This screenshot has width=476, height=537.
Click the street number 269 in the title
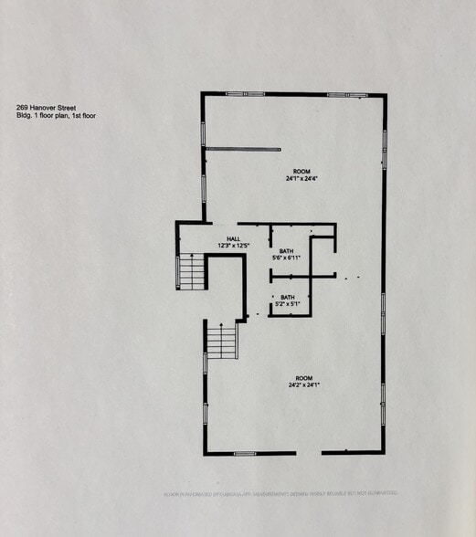point(22,108)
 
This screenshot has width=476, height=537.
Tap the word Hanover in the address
point(46,108)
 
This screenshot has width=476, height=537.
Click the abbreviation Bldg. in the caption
point(25,116)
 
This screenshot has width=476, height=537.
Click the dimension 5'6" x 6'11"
point(287,258)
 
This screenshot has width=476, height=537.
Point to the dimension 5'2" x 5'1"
point(287,304)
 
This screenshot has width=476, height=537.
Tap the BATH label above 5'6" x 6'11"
point(287,251)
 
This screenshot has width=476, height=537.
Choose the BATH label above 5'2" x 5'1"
point(287,297)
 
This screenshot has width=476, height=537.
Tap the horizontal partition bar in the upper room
point(242,149)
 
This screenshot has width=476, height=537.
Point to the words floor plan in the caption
point(56,116)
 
